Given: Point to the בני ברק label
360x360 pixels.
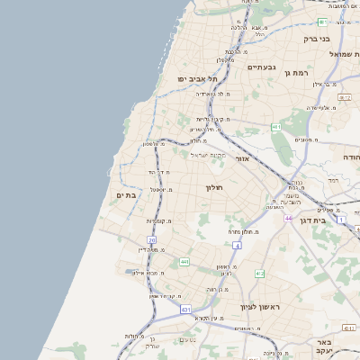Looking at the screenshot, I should pyautogui.click(x=340, y=39).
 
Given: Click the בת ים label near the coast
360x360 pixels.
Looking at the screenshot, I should pyautogui.click(x=126, y=194).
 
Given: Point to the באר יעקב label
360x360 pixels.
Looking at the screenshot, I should pyautogui.click(x=325, y=348).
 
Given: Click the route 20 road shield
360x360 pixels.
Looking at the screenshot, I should pyautogui.click(x=152, y=241).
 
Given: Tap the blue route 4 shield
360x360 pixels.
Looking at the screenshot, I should pyautogui.click(x=237, y=245).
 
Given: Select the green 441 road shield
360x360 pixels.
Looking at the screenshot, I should pyautogui.click(x=184, y=262).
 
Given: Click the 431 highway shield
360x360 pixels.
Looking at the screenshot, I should pyautogui.click(x=185, y=309).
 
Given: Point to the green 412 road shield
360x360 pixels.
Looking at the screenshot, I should pyautogui.click(x=259, y=273).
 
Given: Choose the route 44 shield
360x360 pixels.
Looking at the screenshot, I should pyautogui.click(x=288, y=218).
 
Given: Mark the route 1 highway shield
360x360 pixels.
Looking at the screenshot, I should pyautogui.click(x=341, y=219).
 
